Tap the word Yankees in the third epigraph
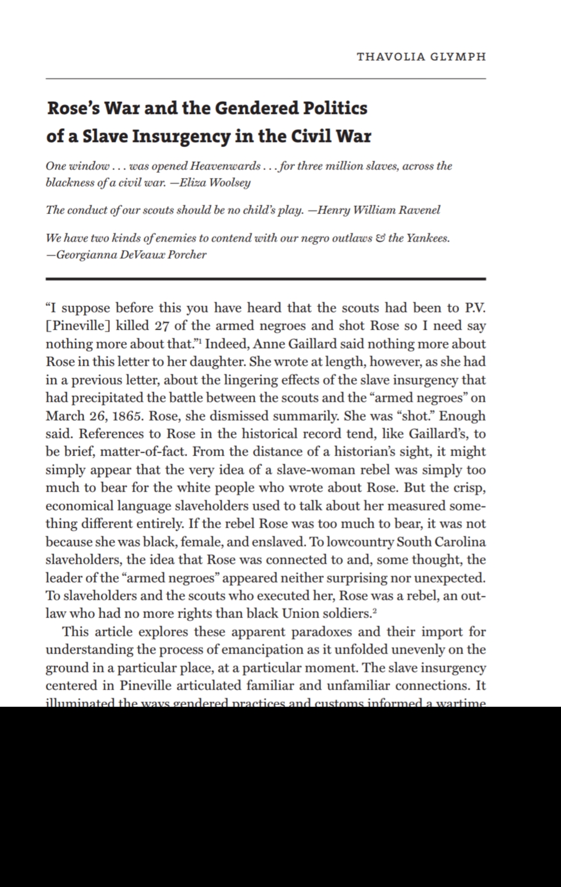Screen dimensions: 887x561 (x=428, y=238)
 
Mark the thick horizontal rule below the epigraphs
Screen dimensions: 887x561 (x=266, y=279)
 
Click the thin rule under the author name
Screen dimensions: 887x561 (x=266, y=78)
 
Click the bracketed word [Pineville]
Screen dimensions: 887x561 (x=78, y=326)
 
